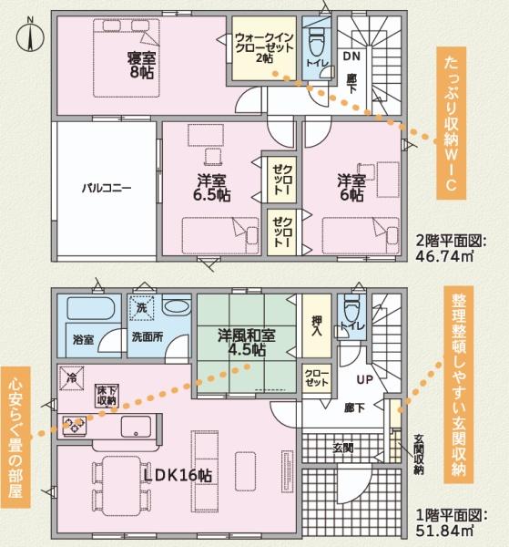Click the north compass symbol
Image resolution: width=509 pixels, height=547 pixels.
pos(30,36)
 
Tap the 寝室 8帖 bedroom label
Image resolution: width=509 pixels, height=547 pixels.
pos(141,66)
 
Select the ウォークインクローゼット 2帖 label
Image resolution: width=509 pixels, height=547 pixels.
pos(264,47)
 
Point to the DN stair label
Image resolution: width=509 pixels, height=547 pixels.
pos(351,57)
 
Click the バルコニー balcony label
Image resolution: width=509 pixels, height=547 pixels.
pos(107,189)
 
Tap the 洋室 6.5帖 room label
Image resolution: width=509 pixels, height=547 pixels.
pos(212,188)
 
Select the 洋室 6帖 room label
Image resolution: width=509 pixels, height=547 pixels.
pos(351,188)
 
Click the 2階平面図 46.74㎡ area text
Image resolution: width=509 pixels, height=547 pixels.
pos(451,248)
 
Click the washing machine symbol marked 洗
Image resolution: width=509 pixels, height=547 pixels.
pos(141,308)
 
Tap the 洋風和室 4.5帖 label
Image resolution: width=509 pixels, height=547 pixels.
pos(247,342)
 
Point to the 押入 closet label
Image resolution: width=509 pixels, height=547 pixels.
pos(317,325)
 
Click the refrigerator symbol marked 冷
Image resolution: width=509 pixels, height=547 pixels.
pos(71,378)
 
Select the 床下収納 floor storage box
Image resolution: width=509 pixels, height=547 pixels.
pos(107,396)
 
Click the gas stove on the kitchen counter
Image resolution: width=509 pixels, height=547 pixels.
pos(75,425)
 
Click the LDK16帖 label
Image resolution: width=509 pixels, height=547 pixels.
pos(178,475)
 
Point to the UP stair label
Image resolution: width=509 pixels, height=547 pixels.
pos(365,379)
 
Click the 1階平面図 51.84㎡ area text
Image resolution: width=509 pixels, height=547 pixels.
pos(451,523)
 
